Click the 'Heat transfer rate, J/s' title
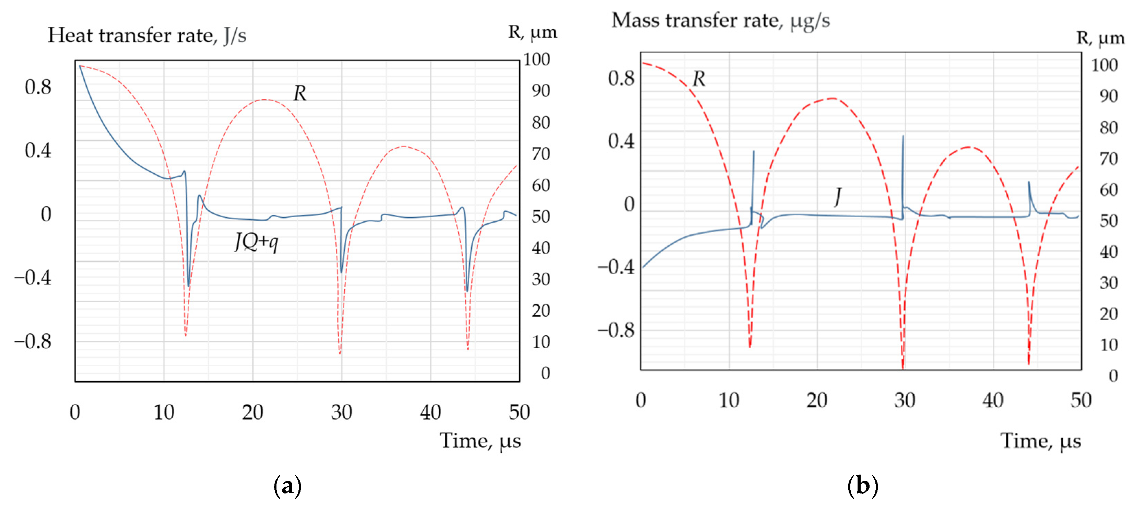pos(146,36)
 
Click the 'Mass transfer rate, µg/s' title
pos(720,21)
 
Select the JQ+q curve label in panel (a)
pos(257,242)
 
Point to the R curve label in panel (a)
pos(299,93)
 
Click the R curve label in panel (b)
pos(698,79)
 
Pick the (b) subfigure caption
pos(862,486)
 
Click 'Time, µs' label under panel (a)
pos(480,441)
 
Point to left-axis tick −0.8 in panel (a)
pos(33,341)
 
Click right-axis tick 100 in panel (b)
pos(1104,65)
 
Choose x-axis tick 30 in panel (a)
pos(341,412)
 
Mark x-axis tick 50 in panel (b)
pos(1081,400)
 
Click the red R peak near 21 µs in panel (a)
pos(264,100)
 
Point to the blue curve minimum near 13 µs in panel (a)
pos(189,286)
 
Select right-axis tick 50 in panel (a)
pos(541,217)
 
